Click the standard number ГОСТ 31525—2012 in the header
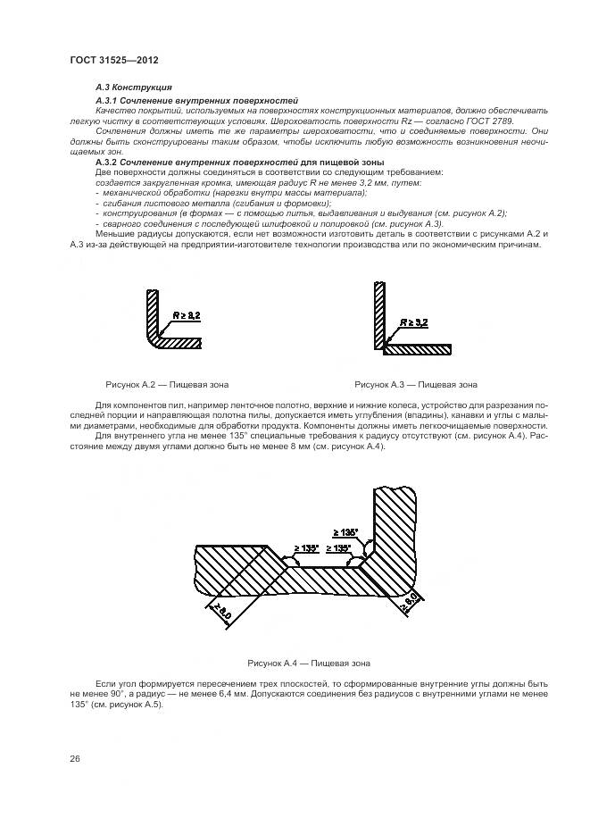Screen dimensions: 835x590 click(x=112, y=61)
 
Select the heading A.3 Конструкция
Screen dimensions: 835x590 click(x=128, y=88)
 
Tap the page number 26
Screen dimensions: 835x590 click(x=75, y=758)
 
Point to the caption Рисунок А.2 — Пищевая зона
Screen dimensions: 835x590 click(x=167, y=385)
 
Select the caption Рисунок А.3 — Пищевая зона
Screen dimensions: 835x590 click(x=416, y=385)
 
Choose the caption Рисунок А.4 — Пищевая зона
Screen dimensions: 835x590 click(x=309, y=664)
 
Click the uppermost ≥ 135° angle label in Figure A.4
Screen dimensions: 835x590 click(x=345, y=532)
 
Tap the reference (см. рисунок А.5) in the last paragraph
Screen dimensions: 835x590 click(x=126, y=703)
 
